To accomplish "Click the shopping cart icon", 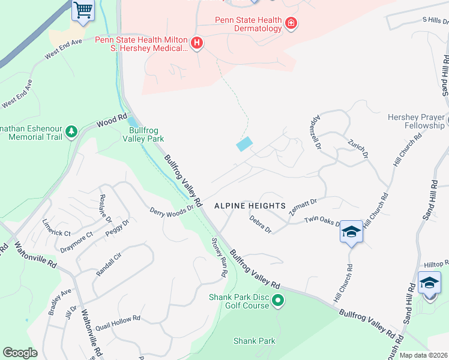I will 83,10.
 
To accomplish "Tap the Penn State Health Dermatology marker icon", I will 291,23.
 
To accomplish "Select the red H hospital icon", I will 196,43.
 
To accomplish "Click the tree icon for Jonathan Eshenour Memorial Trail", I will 71,131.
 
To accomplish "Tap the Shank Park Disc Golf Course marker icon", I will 277,300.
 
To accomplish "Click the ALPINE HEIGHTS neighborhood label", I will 250,206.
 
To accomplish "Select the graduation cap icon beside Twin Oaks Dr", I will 351,232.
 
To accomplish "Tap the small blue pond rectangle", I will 245,145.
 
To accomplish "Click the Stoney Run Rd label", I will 220,257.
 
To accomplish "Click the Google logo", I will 20,353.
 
